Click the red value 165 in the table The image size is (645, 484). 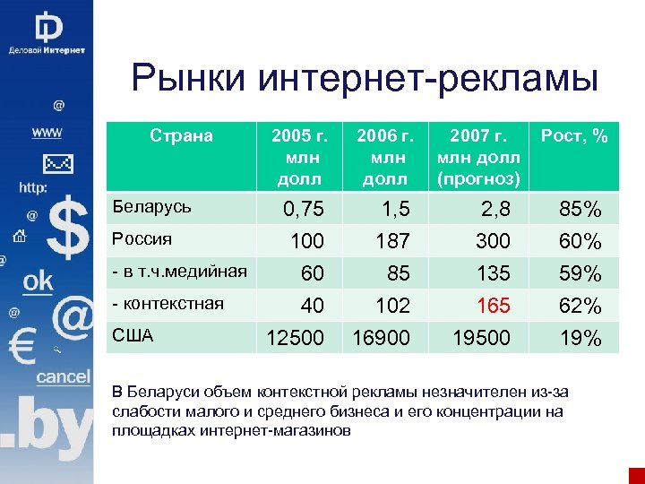pos(493,307)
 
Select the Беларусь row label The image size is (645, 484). pos(150,207)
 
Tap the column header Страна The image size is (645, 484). pos(181,136)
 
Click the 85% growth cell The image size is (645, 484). pos(580,211)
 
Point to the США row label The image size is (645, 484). pos(133,336)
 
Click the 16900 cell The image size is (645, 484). pos(382,338)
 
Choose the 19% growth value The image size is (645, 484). pos(580,338)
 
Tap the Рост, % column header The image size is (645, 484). pos(574,136)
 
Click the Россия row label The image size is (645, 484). pos(141,239)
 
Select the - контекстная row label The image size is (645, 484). pos(167,303)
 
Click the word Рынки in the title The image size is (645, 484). pos(189,78)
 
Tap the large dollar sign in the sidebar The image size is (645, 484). pos(67,229)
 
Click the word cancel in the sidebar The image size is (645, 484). pos(63,376)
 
